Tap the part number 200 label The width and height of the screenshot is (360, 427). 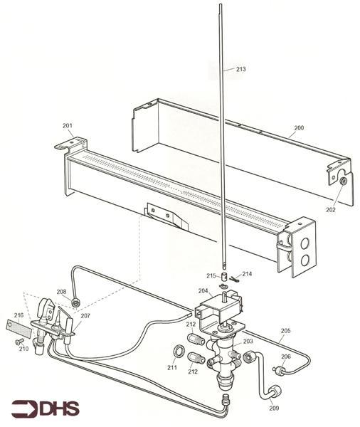point(298,127)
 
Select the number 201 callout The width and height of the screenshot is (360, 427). point(68,126)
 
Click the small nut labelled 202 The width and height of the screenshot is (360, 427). point(342,181)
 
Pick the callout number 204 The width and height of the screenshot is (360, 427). point(203,290)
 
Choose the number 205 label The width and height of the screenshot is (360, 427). point(286,330)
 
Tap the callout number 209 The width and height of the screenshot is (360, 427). point(274,408)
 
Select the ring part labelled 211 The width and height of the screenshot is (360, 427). point(179,352)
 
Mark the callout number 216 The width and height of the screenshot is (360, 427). point(18,314)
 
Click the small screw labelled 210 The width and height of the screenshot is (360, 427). point(18,341)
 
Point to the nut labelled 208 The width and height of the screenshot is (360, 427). point(75,303)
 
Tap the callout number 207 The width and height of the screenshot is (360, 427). point(85,315)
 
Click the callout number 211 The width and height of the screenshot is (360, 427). point(172,367)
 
